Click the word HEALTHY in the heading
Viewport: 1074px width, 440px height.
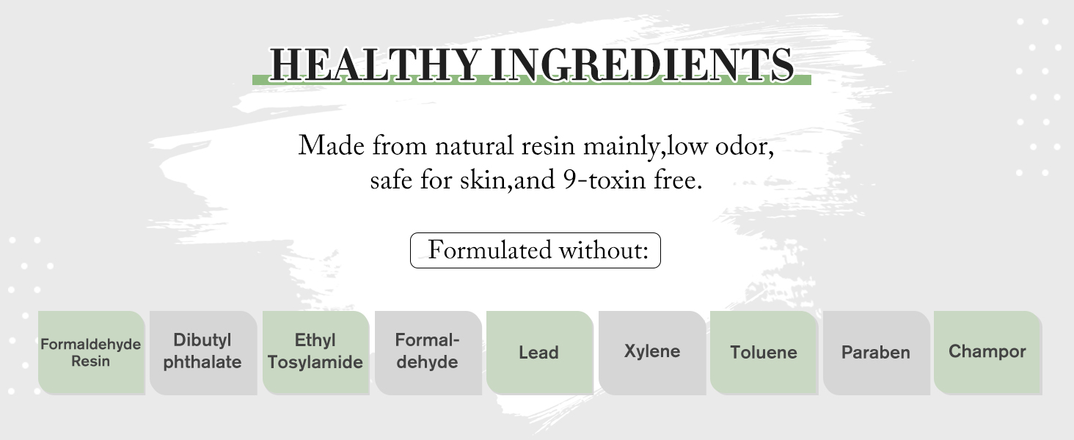pyautogui.click(x=376, y=65)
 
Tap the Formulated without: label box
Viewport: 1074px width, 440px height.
pyautogui.click(x=535, y=250)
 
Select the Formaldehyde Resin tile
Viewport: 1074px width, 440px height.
pyautogui.click(x=92, y=353)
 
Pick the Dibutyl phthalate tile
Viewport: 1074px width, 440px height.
pyautogui.click(x=203, y=353)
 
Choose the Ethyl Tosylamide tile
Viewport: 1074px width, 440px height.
pyautogui.click(x=316, y=353)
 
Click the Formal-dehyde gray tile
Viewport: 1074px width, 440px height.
pyautogui.click(x=428, y=353)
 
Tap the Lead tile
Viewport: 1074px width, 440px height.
pyautogui.click(x=540, y=353)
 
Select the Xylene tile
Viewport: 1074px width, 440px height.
pyautogui.click(x=652, y=353)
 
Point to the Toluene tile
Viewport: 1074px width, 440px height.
pyautogui.click(x=764, y=353)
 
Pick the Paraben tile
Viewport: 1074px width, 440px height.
pyautogui.click(x=877, y=353)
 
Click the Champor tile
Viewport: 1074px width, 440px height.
pyautogui.click(x=988, y=353)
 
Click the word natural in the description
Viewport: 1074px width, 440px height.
pyautogui.click(x=474, y=146)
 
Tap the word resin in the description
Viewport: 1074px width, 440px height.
pyautogui.click(x=547, y=147)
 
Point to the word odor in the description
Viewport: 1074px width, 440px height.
pyautogui.click(x=744, y=147)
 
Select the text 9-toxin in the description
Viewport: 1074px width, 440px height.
pyautogui.click(x=604, y=180)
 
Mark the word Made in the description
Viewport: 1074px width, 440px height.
pyautogui.click(x=332, y=146)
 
